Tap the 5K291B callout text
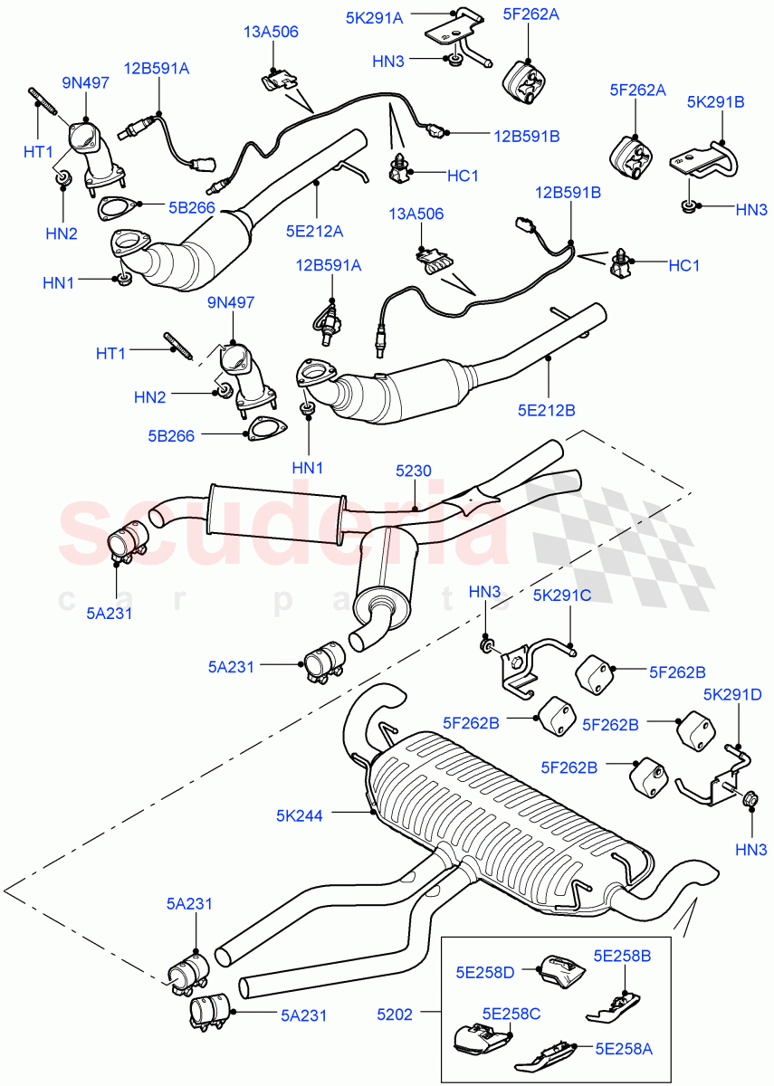click(x=716, y=102)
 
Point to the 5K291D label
click(x=733, y=694)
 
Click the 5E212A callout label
click(x=317, y=231)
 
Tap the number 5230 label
click(x=413, y=471)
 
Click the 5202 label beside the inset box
click(x=395, y=1015)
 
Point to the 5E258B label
click(x=621, y=955)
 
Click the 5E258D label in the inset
click(x=497, y=972)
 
